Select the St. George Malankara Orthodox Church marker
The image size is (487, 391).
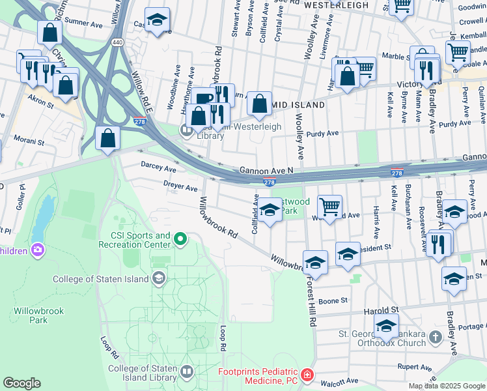pos(436,338)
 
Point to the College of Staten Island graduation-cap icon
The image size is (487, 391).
pos(158,279)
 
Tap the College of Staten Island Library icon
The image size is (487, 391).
pos(187,372)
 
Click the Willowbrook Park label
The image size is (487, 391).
pos(38,315)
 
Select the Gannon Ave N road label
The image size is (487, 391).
pos(266,169)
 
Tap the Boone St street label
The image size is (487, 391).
pos(333,300)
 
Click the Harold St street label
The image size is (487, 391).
pos(382,310)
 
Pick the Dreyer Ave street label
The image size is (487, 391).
pos(180,188)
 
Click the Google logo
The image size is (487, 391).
pos(22,383)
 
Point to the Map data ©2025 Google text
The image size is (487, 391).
pos(446,386)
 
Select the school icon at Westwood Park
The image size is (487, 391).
pos(270,210)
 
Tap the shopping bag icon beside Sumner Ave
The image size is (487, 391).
pos(49,31)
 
